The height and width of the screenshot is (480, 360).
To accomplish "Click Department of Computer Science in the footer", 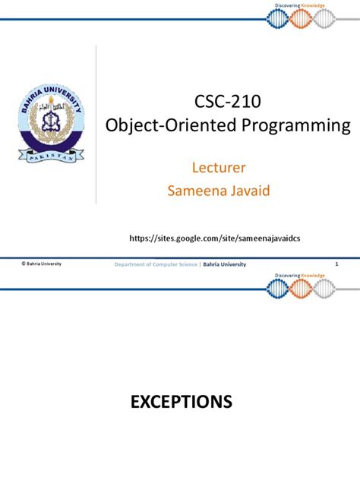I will (x=156, y=264).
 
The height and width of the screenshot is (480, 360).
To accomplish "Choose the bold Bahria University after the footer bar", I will (x=228, y=264).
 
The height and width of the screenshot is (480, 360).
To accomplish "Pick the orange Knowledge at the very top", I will (x=314, y=5).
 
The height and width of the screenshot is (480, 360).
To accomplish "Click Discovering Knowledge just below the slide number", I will (x=298, y=275).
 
